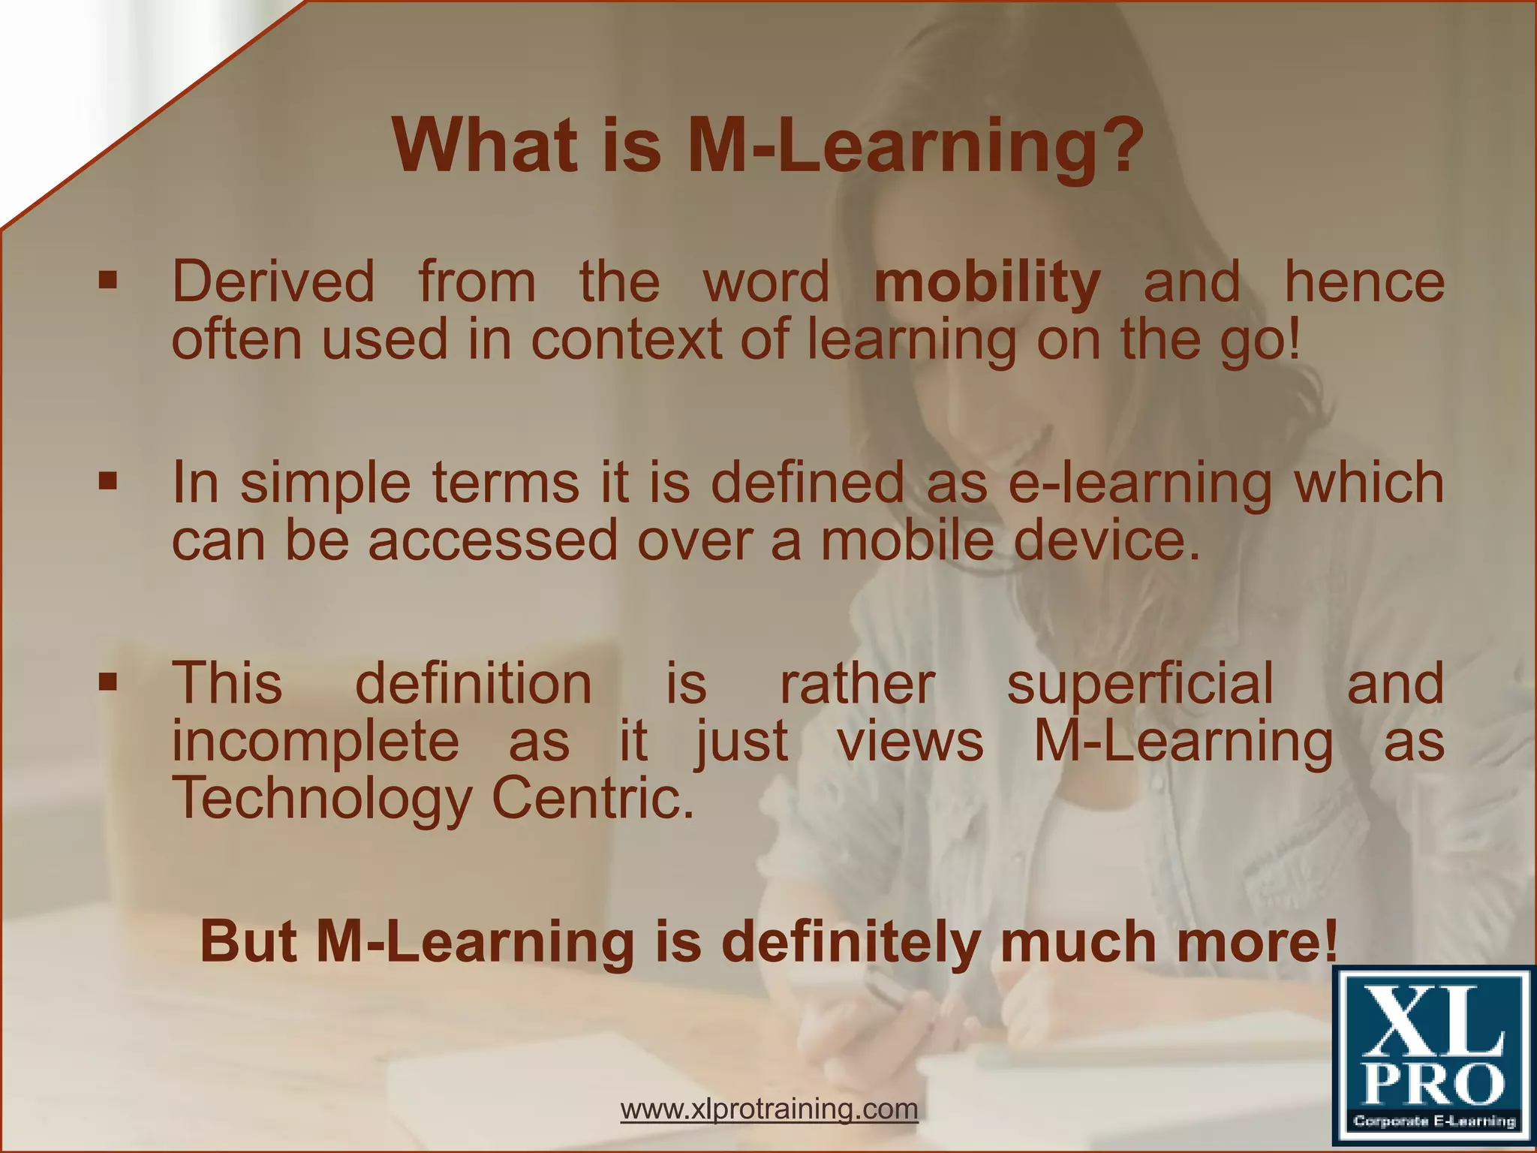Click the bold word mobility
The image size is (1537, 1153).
[987, 284]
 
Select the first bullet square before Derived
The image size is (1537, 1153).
[109, 281]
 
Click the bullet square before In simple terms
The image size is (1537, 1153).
[109, 481]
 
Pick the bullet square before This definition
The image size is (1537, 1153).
[109, 682]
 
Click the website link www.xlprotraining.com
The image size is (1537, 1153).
[769, 1109]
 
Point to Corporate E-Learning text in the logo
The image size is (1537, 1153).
[1433, 1121]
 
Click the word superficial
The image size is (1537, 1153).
[1139, 685]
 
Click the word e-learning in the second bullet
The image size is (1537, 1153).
[1139, 483]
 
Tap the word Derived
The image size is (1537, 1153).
[273, 282]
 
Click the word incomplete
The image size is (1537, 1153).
[315, 742]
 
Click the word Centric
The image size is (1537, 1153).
[593, 799]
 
